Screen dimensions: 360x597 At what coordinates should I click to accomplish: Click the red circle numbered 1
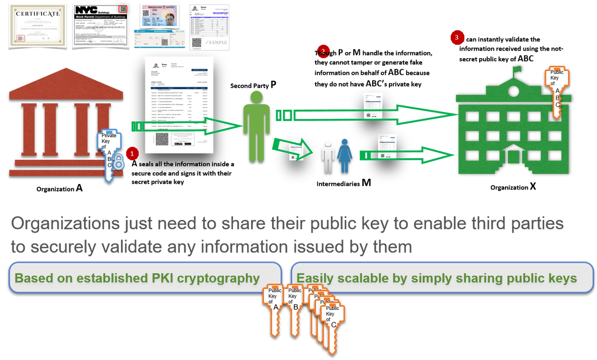[x=132, y=153]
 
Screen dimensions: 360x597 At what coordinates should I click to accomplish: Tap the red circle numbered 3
[x=457, y=37]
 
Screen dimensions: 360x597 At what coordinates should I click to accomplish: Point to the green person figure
[x=256, y=124]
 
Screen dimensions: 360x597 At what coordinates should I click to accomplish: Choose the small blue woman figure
[x=344, y=156]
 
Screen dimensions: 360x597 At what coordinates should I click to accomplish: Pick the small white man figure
[x=328, y=156]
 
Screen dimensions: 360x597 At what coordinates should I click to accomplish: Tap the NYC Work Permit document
[x=101, y=26]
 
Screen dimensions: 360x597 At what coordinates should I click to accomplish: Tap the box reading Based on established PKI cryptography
[x=145, y=278]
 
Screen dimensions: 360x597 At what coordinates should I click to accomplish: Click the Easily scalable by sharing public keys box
[x=437, y=278]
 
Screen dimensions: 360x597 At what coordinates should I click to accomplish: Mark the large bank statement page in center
[x=179, y=105]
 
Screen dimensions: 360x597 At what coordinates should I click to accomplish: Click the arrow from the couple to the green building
[x=409, y=156]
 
